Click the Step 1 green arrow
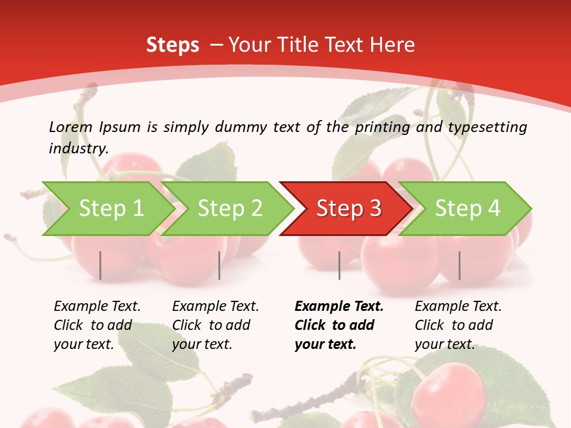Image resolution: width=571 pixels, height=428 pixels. [107, 209]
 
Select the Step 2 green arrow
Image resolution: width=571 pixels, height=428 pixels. [226, 209]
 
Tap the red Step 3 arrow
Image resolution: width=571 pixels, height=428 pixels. [345, 209]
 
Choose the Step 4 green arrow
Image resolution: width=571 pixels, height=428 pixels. [464, 209]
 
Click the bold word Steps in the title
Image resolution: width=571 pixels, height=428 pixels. [172, 45]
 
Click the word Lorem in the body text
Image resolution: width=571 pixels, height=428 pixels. [71, 127]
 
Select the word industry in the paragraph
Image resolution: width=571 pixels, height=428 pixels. [78, 148]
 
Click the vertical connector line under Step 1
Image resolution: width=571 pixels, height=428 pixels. [101, 265]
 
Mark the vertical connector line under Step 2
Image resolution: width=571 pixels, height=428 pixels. [219, 265]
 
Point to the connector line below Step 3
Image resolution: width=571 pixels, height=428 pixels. [339, 265]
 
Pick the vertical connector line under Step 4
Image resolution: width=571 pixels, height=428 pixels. [459, 265]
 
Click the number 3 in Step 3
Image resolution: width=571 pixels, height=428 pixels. [375, 209]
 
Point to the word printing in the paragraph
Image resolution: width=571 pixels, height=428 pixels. [380, 127]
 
